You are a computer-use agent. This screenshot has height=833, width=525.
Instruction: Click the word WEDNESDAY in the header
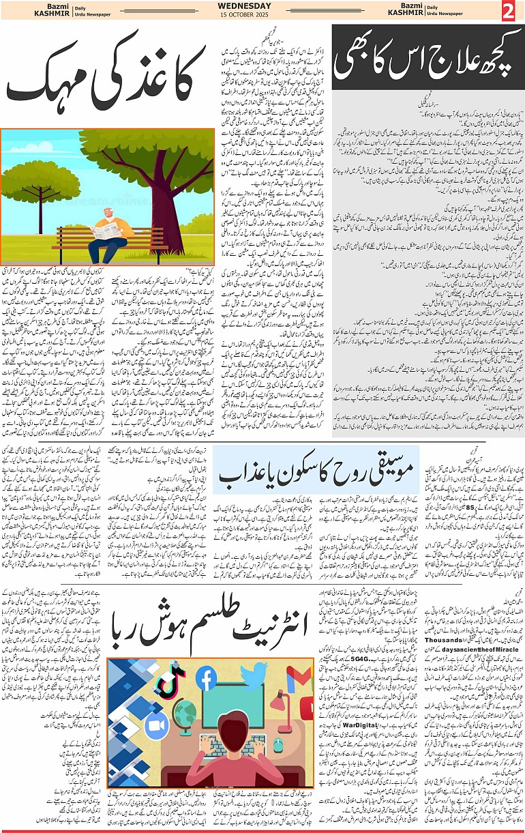pos(244,6)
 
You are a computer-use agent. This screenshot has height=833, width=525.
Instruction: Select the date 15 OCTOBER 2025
pos(244,16)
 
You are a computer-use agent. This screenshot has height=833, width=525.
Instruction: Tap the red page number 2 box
pos(508,11)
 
